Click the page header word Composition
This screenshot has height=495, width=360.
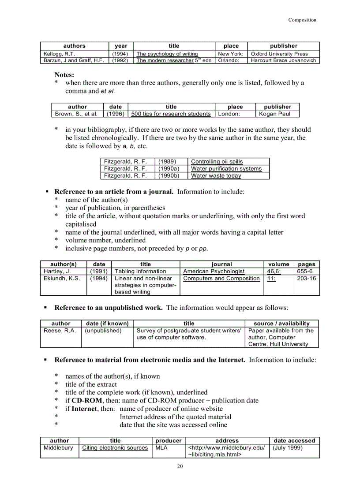(x=302, y=20)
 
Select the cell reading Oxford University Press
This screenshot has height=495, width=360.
(x=279, y=54)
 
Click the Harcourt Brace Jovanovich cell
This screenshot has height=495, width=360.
(x=283, y=60)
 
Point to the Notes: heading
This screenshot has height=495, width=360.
(x=64, y=75)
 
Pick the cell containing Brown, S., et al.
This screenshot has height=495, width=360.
(x=76, y=114)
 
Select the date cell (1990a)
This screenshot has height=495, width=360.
(x=168, y=168)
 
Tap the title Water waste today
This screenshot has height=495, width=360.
(x=216, y=175)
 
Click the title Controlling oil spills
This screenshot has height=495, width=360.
(x=217, y=161)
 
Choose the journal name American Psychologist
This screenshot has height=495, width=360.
(x=214, y=271)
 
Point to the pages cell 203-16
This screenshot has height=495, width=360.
(x=306, y=279)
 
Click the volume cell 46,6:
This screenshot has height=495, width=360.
(x=274, y=271)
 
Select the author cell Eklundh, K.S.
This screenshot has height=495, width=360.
(x=62, y=279)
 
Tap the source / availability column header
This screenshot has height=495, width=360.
(x=281, y=323)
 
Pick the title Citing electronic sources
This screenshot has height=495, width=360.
(x=115, y=447)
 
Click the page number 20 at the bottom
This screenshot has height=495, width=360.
(x=180, y=467)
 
